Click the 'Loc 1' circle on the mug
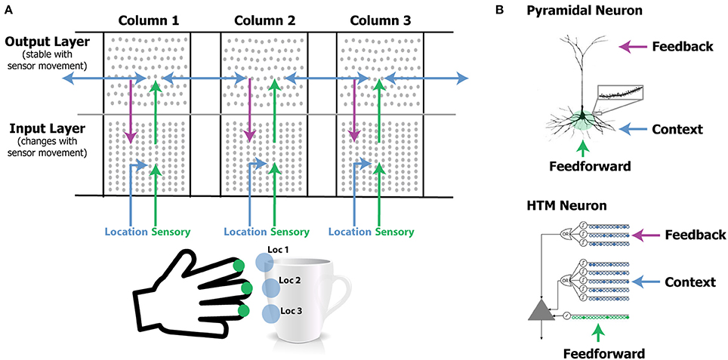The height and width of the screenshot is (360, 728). click(264, 261)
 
